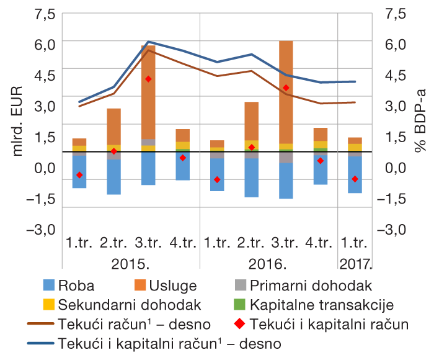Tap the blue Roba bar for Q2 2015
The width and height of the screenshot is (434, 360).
[113, 177]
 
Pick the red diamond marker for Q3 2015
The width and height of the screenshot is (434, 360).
[148, 79]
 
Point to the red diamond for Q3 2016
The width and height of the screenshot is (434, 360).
[286, 88]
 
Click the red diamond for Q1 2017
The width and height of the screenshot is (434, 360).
[355, 179]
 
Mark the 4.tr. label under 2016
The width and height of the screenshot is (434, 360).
[320, 243]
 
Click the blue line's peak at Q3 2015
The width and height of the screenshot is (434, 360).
[148, 42]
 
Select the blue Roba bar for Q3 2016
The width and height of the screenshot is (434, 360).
[286, 181]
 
